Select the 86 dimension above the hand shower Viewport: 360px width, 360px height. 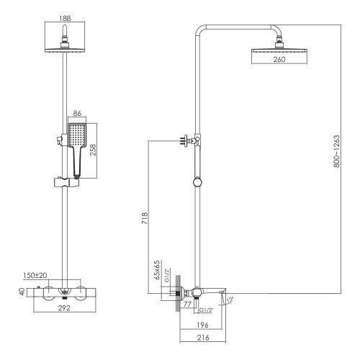coord(79,114)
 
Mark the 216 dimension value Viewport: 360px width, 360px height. coord(204,337)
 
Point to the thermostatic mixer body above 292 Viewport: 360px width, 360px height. coord(65,294)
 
